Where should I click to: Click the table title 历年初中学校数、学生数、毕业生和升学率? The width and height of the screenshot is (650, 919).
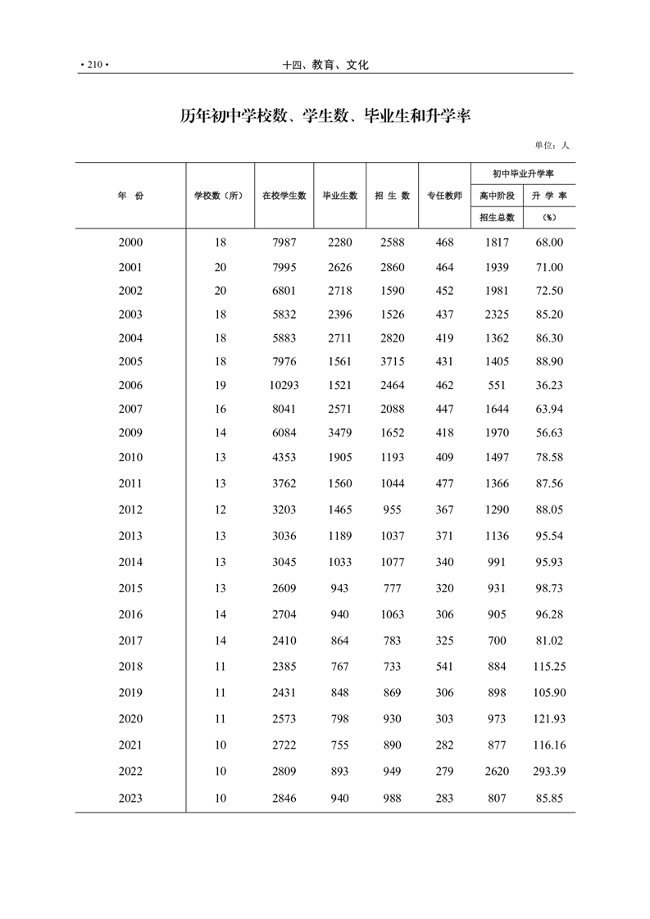pos(325,116)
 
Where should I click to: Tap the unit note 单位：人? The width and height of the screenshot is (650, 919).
pos(552,145)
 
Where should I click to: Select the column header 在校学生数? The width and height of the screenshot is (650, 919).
pos(284,196)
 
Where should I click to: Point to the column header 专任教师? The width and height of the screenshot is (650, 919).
pos(444,196)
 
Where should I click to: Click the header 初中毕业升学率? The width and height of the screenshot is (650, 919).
pos(523,174)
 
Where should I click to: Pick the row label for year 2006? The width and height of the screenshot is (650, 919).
pos(130,385)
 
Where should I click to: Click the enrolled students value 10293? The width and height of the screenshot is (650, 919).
pos(284,385)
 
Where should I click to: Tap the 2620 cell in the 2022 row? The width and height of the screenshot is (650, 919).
pos(497,771)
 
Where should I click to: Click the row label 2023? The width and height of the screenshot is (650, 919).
pos(130,798)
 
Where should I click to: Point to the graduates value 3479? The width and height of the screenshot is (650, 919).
pos(339,432)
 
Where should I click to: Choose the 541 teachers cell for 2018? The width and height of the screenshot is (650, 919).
pos(444,666)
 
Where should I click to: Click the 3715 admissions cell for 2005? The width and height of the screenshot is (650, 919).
pos(392,361)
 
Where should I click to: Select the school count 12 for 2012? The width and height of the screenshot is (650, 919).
pos(220,509)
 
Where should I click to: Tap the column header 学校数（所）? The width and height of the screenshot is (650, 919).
pos(220,196)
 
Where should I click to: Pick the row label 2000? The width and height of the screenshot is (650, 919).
pos(130,242)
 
